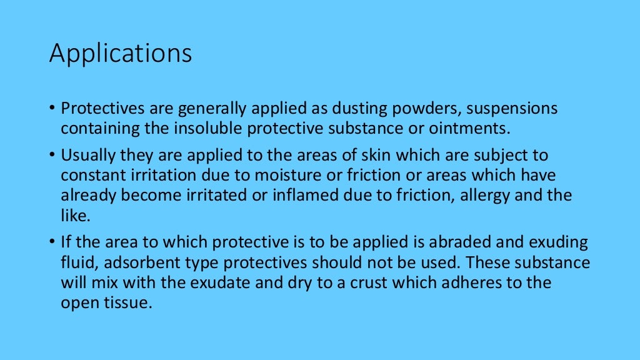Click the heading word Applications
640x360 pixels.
point(121,54)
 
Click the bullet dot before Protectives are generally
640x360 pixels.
point(53,109)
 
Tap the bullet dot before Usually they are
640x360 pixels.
point(53,155)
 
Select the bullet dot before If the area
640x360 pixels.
point(53,242)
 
